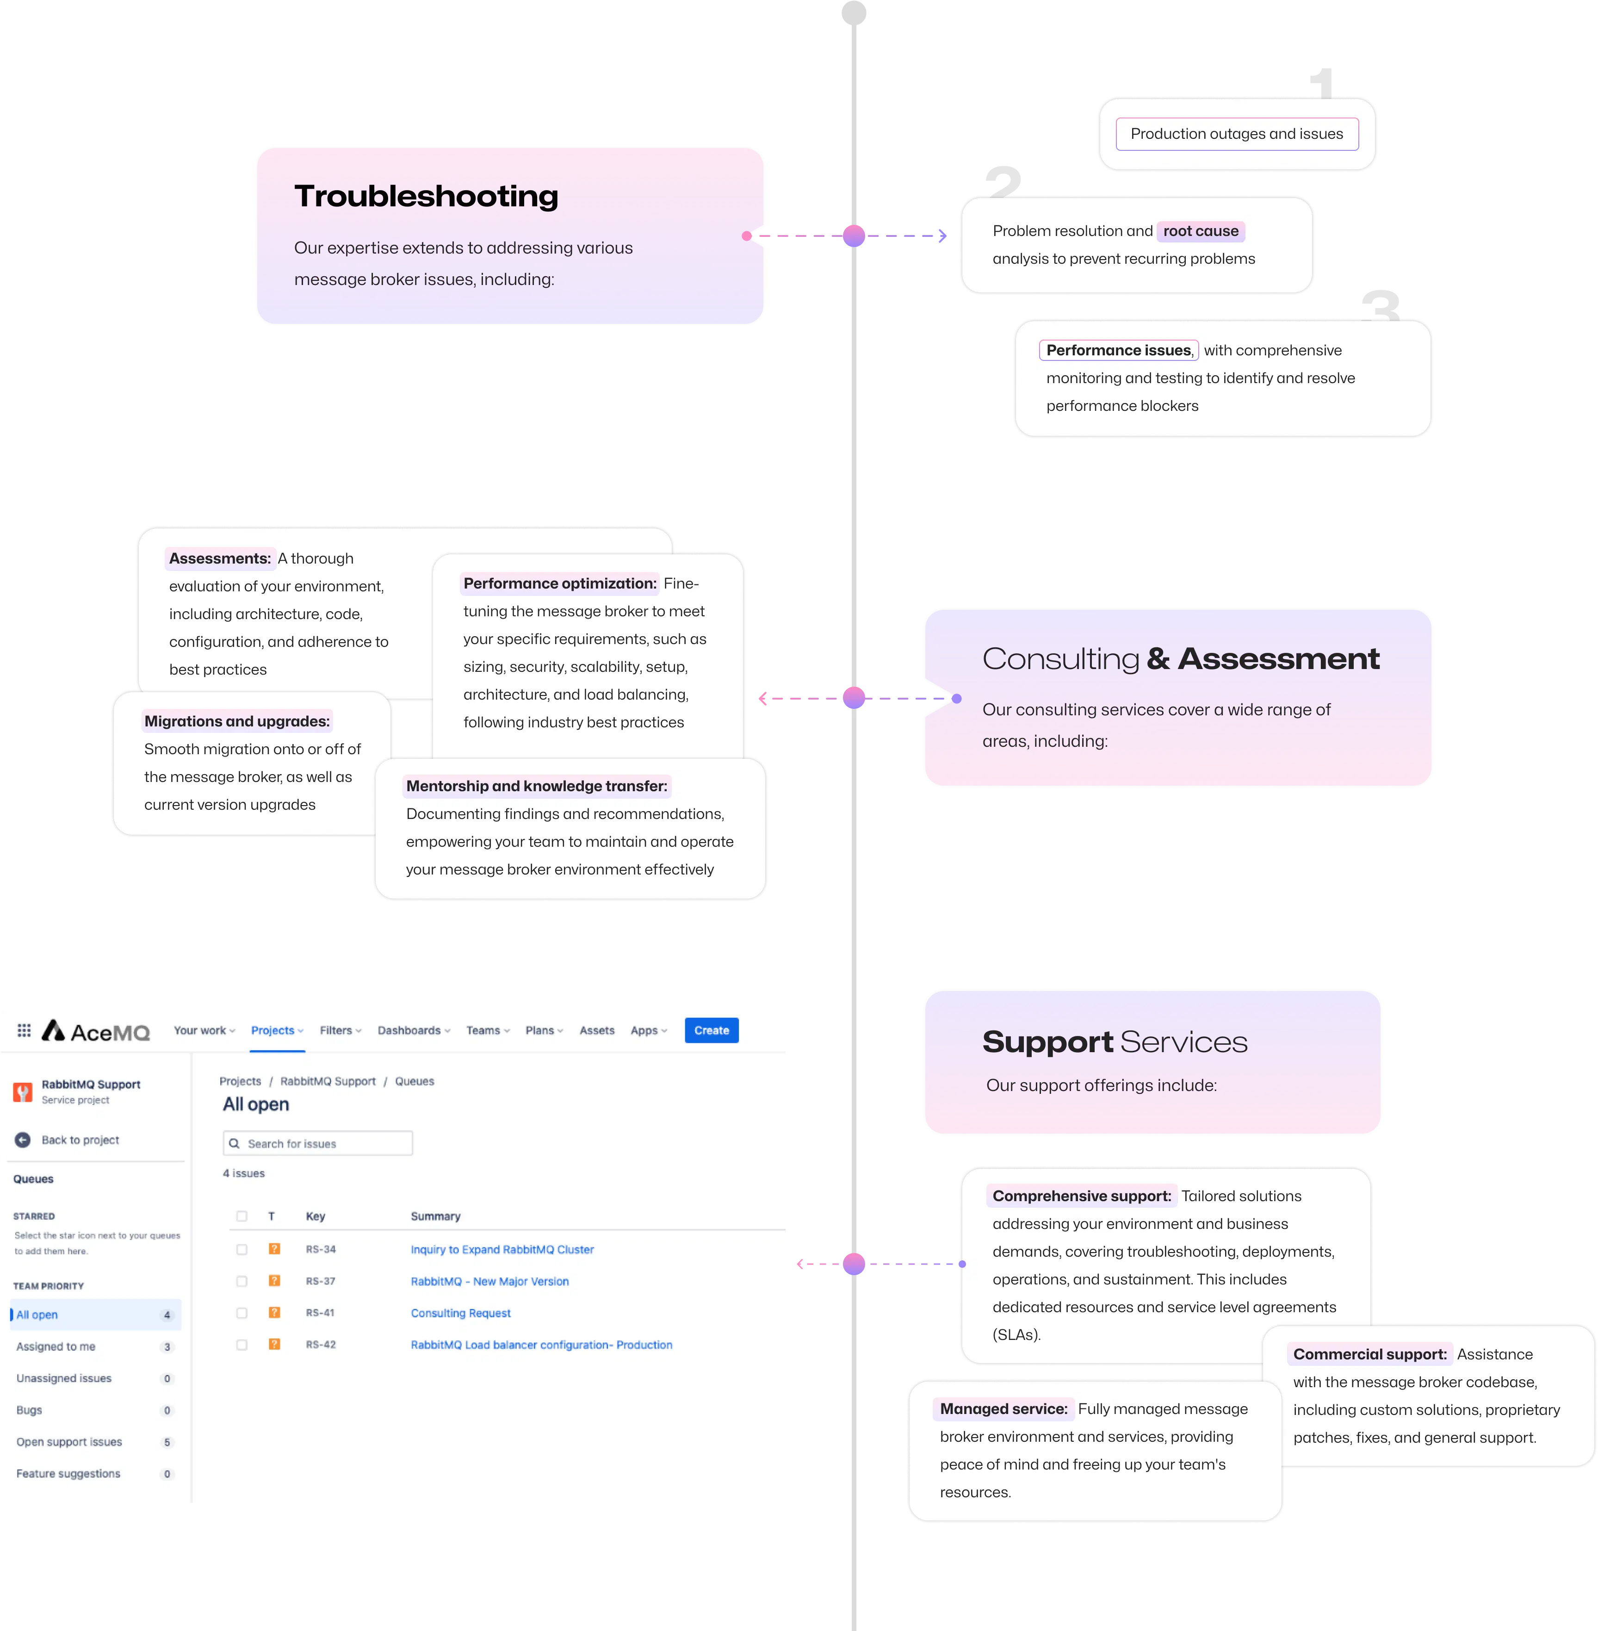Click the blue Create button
[711, 1030]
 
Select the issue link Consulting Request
[461, 1313]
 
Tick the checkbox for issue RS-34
[242, 1249]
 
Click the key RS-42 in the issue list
[321, 1345]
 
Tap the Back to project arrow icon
[23, 1140]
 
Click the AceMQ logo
[96, 1031]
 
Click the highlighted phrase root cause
[1200, 231]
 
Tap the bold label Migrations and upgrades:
[237, 721]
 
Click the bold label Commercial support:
[1370, 1354]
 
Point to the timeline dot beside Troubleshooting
[854, 236]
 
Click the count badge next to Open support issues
[167, 1442]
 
